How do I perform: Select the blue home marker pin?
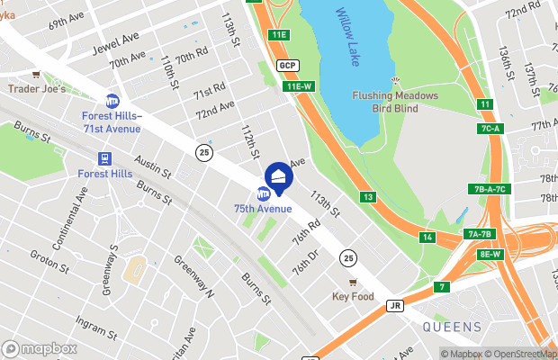[278, 178]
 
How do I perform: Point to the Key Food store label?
[352, 296]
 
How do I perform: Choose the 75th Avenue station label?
[263, 209]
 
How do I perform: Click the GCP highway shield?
[287, 66]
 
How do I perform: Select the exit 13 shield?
[368, 196]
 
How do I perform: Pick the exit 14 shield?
[427, 238]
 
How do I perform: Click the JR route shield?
[394, 305]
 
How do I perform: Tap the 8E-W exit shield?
[490, 254]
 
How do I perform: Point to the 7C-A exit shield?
[490, 129]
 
